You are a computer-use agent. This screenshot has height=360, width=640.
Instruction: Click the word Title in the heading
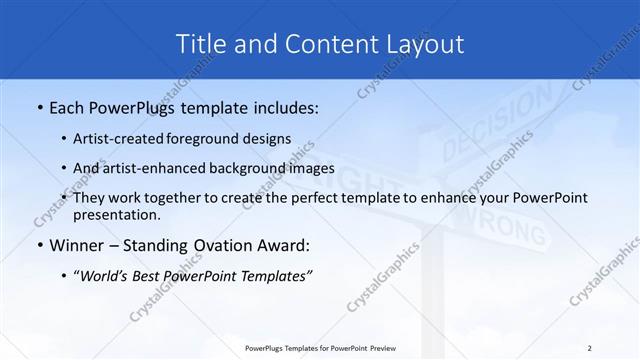pyautogui.click(x=199, y=44)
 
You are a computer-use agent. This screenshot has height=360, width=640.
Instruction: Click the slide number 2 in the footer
pyautogui.click(x=590, y=348)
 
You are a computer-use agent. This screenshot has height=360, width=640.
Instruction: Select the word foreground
pyautogui.click(x=214, y=138)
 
